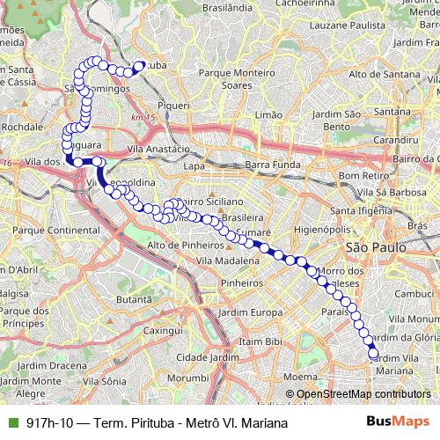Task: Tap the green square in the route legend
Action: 13,422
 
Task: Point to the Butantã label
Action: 135,299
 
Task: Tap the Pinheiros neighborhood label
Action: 242,283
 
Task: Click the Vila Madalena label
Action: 228,261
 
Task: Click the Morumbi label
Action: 187,378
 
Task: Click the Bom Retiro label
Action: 359,174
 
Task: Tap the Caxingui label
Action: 161,331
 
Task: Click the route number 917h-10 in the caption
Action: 51,423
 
